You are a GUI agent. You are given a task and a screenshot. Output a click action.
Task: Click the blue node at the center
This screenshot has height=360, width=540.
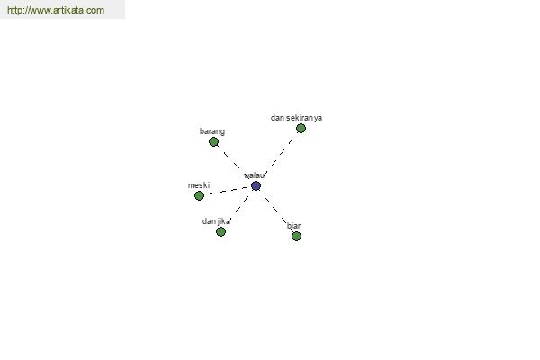(256, 186)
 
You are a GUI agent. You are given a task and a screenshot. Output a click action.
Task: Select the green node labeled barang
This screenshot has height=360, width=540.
(213, 141)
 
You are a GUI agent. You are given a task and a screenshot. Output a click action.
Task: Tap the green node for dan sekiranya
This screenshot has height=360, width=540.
(301, 128)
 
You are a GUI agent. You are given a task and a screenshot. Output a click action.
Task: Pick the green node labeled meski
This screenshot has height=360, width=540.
(199, 195)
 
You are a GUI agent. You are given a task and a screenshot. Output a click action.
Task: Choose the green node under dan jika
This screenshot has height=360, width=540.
(220, 231)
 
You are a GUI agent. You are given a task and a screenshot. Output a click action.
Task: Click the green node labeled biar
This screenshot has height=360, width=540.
(296, 236)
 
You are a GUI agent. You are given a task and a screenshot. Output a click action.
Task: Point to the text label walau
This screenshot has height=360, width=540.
(255, 175)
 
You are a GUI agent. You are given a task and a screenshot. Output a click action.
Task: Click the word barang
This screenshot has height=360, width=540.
(212, 131)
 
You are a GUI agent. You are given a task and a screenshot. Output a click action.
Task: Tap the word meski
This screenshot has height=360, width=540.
(199, 185)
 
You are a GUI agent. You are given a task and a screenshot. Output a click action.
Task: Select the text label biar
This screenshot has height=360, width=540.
(293, 226)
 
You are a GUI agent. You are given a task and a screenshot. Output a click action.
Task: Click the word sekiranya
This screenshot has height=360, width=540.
(304, 118)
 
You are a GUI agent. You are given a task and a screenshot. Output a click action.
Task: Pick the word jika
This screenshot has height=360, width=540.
(224, 221)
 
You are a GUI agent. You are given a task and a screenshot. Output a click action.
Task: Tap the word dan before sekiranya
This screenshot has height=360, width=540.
(277, 118)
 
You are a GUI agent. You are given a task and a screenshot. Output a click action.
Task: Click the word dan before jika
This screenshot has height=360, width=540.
(209, 221)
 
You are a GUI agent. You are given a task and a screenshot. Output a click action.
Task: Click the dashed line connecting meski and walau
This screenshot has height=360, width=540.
(229, 191)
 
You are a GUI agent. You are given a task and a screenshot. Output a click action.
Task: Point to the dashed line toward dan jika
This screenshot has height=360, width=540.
(238, 209)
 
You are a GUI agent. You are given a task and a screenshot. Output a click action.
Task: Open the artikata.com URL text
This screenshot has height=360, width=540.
(56, 10)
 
